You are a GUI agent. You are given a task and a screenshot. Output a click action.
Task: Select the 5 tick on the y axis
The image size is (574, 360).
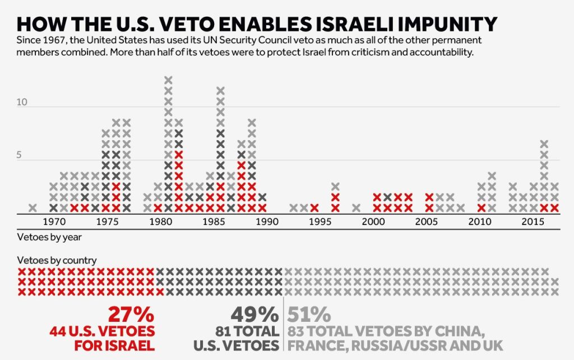click(x=19, y=156)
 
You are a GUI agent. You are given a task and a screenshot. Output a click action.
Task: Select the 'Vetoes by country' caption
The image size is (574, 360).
click(x=57, y=260)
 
